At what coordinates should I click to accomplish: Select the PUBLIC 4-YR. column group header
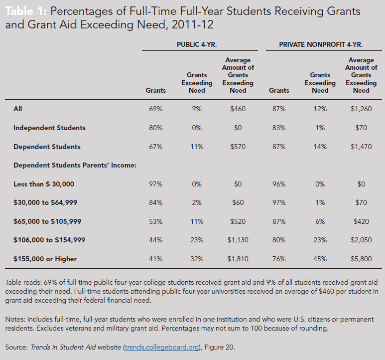pyautogui.click(x=199, y=44)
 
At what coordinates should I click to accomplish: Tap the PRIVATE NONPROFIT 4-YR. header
pyautogui.click(x=321, y=44)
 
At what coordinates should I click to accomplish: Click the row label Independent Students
pyautogui.click(x=49, y=128)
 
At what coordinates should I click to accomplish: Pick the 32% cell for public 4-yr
pyautogui.click(x=197, y=259)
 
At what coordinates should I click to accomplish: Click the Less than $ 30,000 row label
pyautogui.click(x=44, y=184)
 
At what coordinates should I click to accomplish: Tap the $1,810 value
pyautogui.click(x=238, y=259)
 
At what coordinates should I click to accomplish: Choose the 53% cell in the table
pyautogui.click(x=155, y=221)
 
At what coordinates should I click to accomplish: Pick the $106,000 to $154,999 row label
pyautogui.click(x=49, y=240)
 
